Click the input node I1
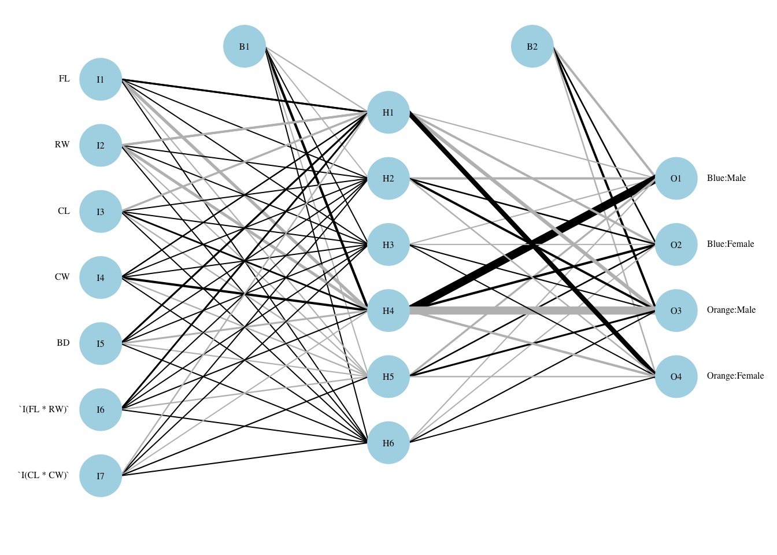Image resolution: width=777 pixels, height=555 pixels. click(x=101, y=79)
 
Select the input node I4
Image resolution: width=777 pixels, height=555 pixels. click(x=101, y=277)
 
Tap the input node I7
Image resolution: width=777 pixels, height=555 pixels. click(x=101, y=476)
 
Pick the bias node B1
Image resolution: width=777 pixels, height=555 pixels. click(x=245, y=46)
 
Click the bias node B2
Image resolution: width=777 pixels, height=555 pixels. click(x=532, y=46)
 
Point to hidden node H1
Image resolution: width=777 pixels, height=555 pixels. click(x=388, y=112)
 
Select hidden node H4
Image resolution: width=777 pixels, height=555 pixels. click(x=388, y=310)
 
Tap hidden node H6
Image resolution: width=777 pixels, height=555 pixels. click(x=388, y=443)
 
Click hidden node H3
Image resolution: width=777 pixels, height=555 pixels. click(x=388, y=245)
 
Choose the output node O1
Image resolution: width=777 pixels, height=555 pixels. click(x=676, y=178)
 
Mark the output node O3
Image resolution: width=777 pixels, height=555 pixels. click(x=676, y=310)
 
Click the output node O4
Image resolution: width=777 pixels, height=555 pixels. click(x=676, y=376)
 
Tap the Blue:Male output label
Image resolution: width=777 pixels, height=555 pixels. click(x=726, y=178)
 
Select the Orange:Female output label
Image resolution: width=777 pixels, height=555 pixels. click(x=735, y=376)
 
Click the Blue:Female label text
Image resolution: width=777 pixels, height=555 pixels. click(x=730, y=244)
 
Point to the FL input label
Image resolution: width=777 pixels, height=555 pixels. click(x=64, y=79)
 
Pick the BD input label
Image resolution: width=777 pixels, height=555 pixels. click(x=63, y=343)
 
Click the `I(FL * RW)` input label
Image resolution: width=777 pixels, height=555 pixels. click(x=43, y=409)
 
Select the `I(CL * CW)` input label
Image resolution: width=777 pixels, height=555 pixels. click(x=43, y=475)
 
